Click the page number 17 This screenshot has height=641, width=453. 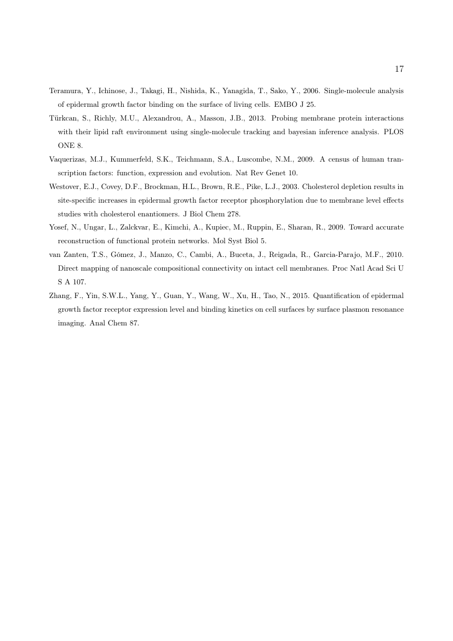coord(399,69)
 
